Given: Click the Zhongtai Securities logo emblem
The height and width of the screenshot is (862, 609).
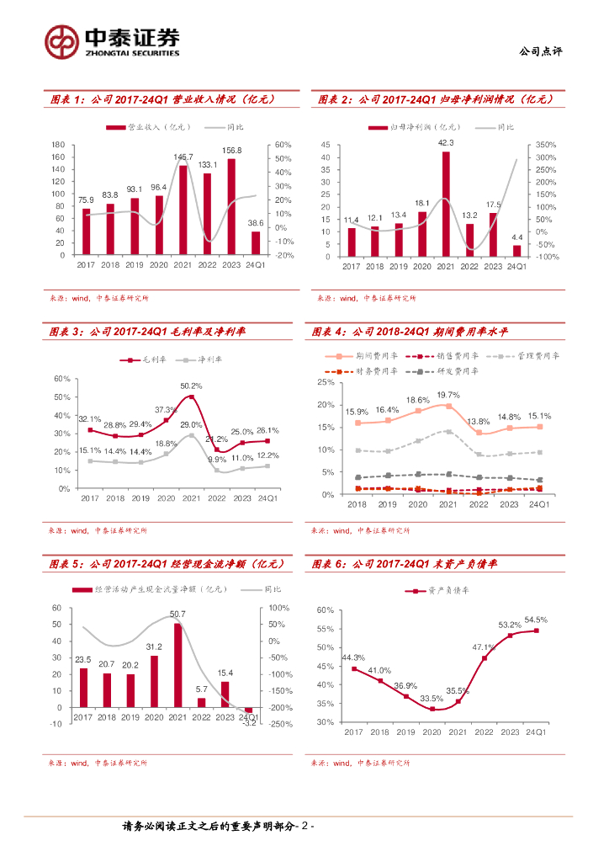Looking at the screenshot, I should coord(61,41).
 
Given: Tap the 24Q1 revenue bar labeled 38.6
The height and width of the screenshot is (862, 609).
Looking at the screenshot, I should coord(256,242).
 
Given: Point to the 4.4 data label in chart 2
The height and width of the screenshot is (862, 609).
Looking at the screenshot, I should coord(516,237).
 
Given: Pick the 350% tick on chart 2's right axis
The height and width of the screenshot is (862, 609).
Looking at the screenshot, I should coord(547,145).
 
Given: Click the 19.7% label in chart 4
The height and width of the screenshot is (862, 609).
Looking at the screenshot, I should coord(448,395).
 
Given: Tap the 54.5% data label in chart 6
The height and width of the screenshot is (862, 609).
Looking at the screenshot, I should coord(536,620).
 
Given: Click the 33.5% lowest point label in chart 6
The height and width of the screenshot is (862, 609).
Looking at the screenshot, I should coord(432,698).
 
